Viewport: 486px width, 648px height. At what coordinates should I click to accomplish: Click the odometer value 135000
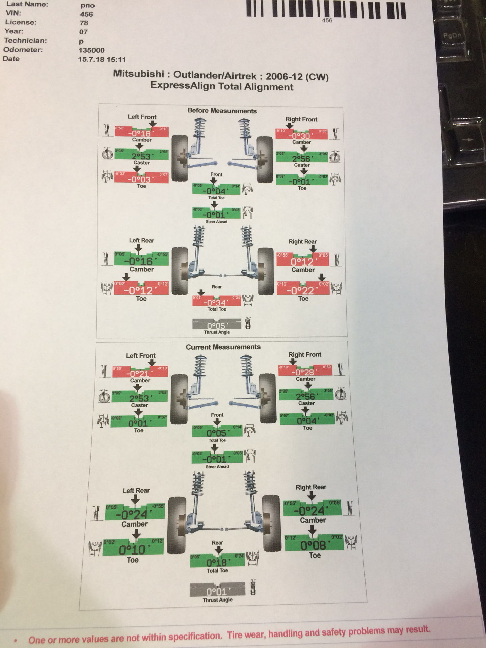click(x=91, y=50)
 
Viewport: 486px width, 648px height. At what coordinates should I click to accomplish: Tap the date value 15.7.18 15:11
click(x=102, y=60)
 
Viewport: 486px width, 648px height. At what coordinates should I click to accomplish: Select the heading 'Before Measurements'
click(x=222, y=111)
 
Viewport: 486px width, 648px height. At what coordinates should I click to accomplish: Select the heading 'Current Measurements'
click(x=223, y=347)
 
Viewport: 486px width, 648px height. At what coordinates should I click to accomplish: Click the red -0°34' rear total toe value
click(x=216, y=302)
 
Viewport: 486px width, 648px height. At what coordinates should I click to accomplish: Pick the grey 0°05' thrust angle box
click(x=217, y=325)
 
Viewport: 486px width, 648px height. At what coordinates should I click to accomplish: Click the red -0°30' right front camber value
click(x=301, y=136)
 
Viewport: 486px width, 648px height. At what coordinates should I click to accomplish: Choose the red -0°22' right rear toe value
click(x=303, y=290)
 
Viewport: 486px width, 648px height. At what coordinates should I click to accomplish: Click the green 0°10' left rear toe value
click(x=133, y=550)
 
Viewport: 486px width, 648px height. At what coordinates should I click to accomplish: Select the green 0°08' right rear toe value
click(x=314, y=545)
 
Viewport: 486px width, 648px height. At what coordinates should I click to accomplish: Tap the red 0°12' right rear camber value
click(x=302, y=261)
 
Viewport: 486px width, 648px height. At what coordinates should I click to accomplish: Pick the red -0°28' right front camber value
click(x=305, y=372)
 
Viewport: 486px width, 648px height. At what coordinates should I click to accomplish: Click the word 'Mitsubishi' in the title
click(x=138, y=74)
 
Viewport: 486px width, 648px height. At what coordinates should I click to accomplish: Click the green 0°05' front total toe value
click(x=217, y=433)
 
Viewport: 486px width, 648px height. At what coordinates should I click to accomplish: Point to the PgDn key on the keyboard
click(x=452, y=35)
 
